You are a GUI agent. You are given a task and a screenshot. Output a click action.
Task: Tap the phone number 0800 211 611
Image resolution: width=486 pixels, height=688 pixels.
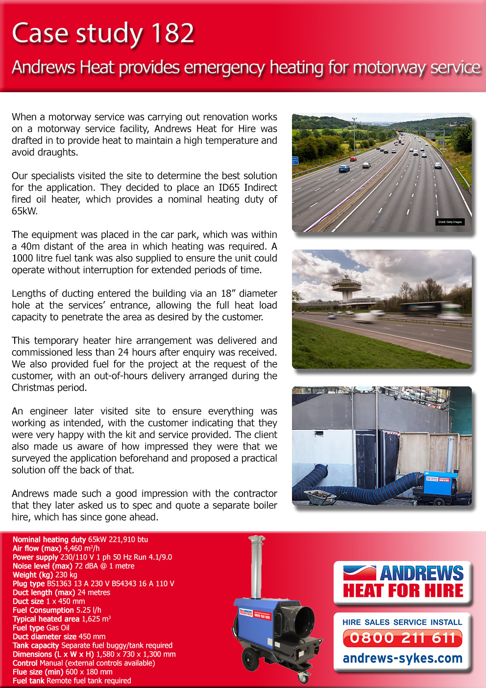pyautogui.click(x=403, y=638)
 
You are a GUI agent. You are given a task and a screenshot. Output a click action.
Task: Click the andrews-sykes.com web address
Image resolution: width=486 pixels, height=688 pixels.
pyautogui.click(x=403, y=658)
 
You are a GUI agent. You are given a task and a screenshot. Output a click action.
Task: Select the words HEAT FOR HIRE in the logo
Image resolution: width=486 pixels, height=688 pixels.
pyautogui.click(x=403, y=590)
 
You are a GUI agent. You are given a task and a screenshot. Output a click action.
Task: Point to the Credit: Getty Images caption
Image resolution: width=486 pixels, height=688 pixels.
pyautogui.click(x=450, y=222)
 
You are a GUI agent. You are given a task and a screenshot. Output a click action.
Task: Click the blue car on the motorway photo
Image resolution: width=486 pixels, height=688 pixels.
pyautogui.click(x=344, y=168)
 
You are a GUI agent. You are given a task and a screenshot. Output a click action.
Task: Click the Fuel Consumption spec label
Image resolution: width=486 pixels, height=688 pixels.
pyautogui.click(x=43, y=610)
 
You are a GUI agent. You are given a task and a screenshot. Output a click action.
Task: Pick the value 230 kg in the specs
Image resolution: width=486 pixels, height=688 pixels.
pyautogui.click(x=66, y=575)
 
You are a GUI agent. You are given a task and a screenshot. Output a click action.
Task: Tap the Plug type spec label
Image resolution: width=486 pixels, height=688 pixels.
pyautogui.click(x=29, y=584)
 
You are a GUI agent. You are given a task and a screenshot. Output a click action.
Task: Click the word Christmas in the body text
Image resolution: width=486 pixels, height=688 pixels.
pyautogui.click(x=34, y=387)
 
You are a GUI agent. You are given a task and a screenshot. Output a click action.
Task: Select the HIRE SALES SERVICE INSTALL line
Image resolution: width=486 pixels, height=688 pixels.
pyautogui.click(x=402, y=622)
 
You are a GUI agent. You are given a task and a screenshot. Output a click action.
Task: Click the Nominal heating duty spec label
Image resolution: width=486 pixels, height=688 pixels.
pyautogui.click(x=49, y=539)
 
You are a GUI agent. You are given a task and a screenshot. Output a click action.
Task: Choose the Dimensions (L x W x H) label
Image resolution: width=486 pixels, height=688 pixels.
pyautogui.click(x=53, y=654)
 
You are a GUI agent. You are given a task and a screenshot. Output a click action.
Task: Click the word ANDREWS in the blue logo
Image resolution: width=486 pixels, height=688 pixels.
pyautogui.click(x=421, y=573)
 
